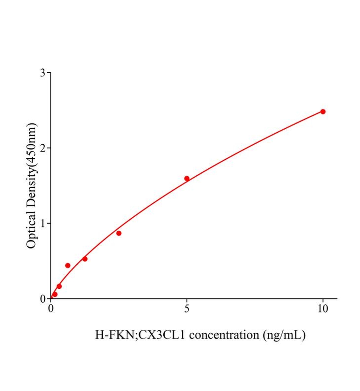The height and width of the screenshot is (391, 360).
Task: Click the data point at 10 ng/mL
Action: click(x=323, y=111)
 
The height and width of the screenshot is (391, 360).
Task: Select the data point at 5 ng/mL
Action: click(x=187, y=178)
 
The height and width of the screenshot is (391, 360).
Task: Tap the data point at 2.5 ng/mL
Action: click(x=119, y=233)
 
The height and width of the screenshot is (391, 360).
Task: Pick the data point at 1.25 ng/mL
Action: click(x=85, y=259)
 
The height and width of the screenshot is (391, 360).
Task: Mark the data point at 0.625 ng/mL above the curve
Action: click(x=68, y=265)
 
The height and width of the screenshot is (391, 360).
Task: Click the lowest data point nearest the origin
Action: click(x=55, y=294)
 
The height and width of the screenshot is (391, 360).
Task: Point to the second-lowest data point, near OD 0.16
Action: click(x=59, y=286)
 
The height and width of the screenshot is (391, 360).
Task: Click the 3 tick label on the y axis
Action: click(x=43, y=73)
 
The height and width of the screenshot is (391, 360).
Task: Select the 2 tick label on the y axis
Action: click(x=43, y=148)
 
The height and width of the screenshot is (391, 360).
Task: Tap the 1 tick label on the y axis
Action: click(x=43, y=223)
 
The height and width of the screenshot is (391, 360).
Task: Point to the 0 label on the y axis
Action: click(x=43, y=298)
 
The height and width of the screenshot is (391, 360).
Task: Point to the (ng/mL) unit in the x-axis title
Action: click(x=284, y=335)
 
